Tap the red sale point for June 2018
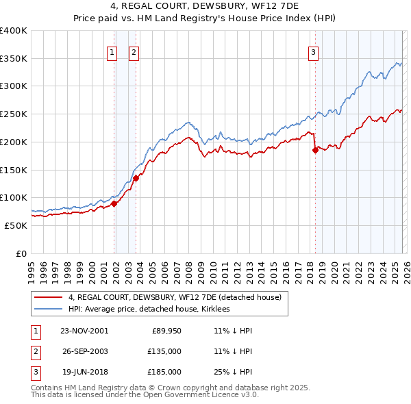(x=315, y=151)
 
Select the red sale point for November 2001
(x=114, y=203)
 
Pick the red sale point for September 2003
(x=136, y=178)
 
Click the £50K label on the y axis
(x=15, y=225)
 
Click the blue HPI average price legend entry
(x=149, y=310)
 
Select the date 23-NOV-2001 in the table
(x=84, y=331)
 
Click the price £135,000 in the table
(x=164, y=351)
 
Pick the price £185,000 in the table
(x=164, y=372)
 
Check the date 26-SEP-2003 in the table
(x=84, y=351)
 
